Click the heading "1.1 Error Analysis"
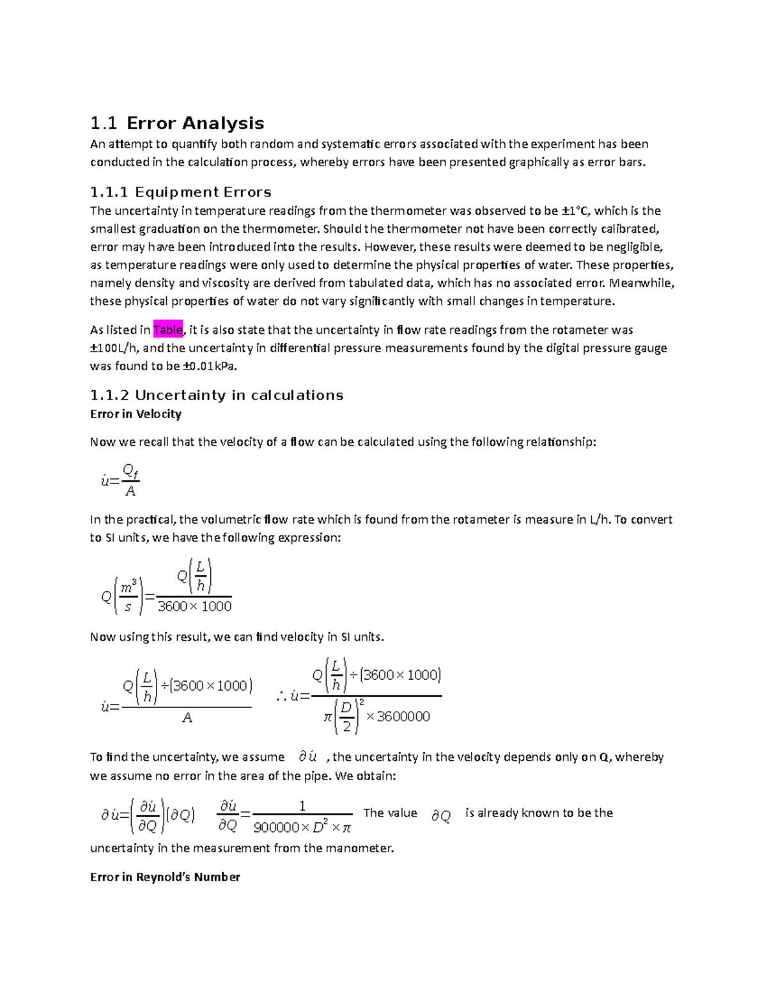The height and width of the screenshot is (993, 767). point(177,123)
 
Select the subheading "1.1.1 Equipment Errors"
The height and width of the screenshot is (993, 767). point(180,192)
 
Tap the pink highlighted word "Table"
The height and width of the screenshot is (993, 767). point(168,330)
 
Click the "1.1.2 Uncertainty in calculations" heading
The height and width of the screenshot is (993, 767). point(217,395)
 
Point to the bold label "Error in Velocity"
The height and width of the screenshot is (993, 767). point(136,414)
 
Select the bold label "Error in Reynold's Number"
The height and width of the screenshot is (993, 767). point(165,877)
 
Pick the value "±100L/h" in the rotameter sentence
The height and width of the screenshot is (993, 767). point(115,348)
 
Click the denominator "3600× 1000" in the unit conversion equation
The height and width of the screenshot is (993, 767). point(194,606)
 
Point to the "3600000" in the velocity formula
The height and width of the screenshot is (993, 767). point(403,717)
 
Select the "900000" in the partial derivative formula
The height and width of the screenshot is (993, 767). point(276,828)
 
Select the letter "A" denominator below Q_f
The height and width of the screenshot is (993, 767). point(130,491)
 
